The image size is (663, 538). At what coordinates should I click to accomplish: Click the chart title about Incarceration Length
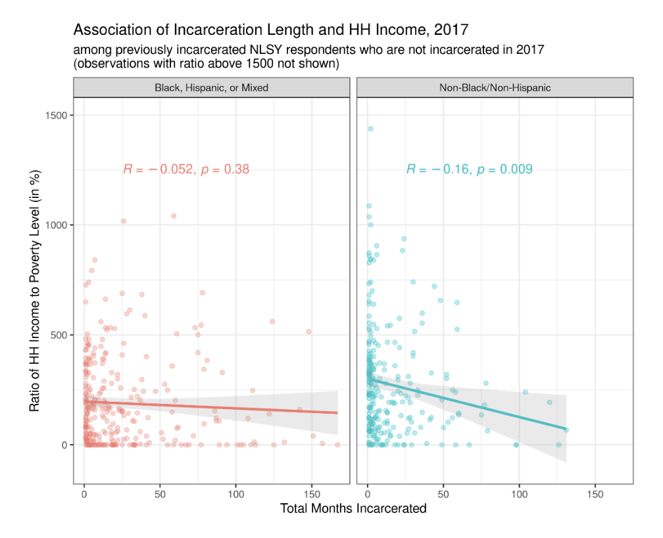tap(270, 30)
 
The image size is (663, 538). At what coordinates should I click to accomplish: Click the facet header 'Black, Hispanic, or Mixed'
tap(211, 87)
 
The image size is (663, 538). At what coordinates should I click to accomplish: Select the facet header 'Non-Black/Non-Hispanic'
tap(494, 87)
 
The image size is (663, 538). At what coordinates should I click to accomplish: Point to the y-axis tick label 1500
tap(56, 115)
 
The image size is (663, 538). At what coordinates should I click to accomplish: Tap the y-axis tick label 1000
tap(56, 225)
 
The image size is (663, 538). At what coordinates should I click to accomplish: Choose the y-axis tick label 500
tap(59, 335)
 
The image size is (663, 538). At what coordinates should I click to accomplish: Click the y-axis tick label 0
tap(64, 445)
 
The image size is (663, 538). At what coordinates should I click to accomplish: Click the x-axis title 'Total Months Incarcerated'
tap(353, 508)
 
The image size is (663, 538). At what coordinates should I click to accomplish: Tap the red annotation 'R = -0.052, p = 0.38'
tap(186, 170)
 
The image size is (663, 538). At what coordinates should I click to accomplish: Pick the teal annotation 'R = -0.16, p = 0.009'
tap(469, 170)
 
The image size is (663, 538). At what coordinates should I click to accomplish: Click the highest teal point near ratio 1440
tap(370, 129)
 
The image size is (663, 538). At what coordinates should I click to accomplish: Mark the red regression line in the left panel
tap(210, 407)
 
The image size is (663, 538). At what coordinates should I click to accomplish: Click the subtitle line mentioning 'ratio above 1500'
tap(206, 64)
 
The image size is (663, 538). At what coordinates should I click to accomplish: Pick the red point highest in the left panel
tap(174, 216)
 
